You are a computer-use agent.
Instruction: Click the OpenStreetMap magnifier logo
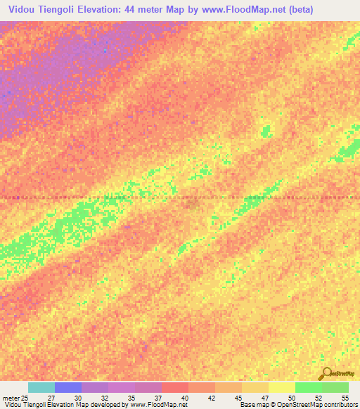click(x=326, y=374)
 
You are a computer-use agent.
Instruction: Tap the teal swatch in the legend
click(x=41, y=387)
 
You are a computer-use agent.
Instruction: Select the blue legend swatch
click(x=68, y=387)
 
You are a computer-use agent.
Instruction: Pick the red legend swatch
click(x=175, y=387)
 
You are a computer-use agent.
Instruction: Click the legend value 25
click(x=25, y=398)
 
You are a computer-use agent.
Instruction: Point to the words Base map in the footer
click(x=254, y=405)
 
